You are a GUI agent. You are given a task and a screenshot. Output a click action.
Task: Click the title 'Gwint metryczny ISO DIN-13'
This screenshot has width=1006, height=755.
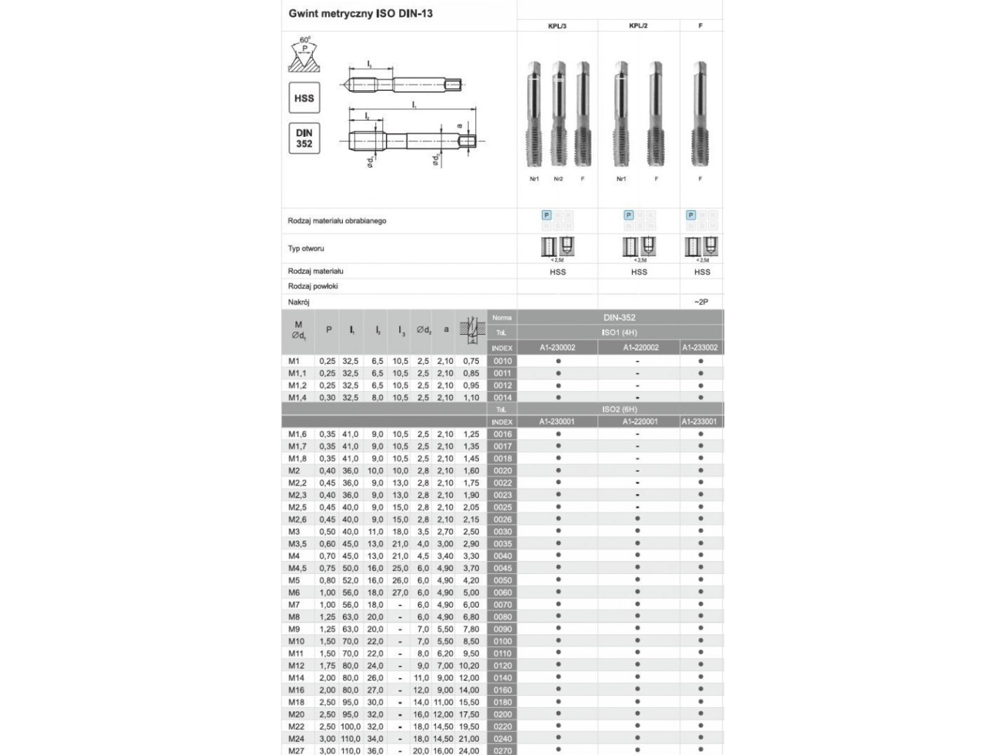[x=361, y=13]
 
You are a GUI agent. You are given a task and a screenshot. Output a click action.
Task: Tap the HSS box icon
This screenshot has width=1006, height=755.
[x=304, y=98]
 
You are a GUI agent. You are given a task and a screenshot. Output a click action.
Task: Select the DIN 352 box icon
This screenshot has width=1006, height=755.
[x=304, y=138]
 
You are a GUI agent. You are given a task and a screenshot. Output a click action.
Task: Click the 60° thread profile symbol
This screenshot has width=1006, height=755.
[x=304, y=55]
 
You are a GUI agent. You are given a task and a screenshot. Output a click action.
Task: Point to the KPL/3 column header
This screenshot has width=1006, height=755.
[x=557, y=26]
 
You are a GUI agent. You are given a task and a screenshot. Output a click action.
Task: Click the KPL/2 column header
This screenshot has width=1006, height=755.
[x=639, y=26]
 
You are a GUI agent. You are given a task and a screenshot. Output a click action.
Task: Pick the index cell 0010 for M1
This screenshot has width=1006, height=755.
[x=503, y=362]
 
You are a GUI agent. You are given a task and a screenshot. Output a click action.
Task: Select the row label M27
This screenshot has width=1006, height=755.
[x=296, y=751]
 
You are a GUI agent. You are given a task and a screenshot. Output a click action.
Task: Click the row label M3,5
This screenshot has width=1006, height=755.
[x=297, y=544]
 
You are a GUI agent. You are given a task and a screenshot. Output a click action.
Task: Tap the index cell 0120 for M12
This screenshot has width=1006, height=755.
[x=503, y=666]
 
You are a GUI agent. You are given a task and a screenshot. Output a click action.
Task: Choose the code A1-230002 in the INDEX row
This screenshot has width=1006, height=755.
[x=557, y=348]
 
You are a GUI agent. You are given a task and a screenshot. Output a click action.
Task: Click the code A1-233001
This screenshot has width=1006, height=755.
[x=700, y=421]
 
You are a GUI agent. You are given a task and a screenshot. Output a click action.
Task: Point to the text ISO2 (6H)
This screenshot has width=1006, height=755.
[x=619, y=409]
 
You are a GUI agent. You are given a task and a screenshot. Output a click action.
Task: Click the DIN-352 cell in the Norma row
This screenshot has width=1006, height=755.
[x=619, y=317]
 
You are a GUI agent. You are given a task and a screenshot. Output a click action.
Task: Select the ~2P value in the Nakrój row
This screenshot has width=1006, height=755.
[x=701, y=302]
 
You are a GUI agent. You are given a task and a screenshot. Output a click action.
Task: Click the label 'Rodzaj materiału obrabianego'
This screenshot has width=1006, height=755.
[x=337, y=221]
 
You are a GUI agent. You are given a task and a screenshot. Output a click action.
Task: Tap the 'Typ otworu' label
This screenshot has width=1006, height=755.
[x=306, y=248]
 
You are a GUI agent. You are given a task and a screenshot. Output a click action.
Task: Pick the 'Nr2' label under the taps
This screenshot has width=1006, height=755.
[x=558, y=179]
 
